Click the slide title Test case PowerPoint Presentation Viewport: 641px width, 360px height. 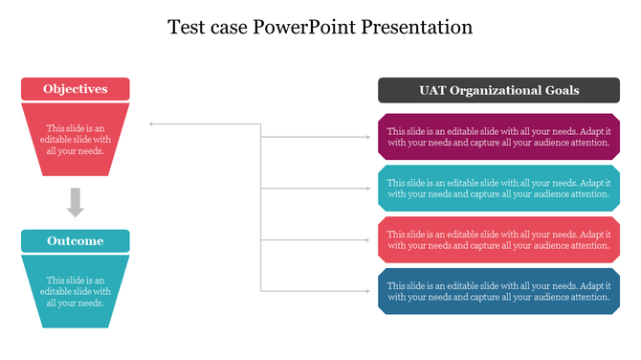coord(320,27)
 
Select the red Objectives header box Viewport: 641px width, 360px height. coord(76,89)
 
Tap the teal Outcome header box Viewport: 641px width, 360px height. coord(76,240)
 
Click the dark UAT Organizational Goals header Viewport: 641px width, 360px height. coord(493,90)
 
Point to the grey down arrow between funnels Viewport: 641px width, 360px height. coord(76,202)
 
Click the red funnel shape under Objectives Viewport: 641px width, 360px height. coord(76,139)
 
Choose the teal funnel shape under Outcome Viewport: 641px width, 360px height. coord(76,291)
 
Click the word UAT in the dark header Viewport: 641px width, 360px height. coord(433,90)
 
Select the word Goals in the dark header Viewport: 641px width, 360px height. coord(560,90)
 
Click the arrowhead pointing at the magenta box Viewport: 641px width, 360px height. coord(369,137)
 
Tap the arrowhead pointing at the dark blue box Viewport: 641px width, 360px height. coord(369,291)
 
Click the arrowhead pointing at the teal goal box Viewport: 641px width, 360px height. coord(369,189)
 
